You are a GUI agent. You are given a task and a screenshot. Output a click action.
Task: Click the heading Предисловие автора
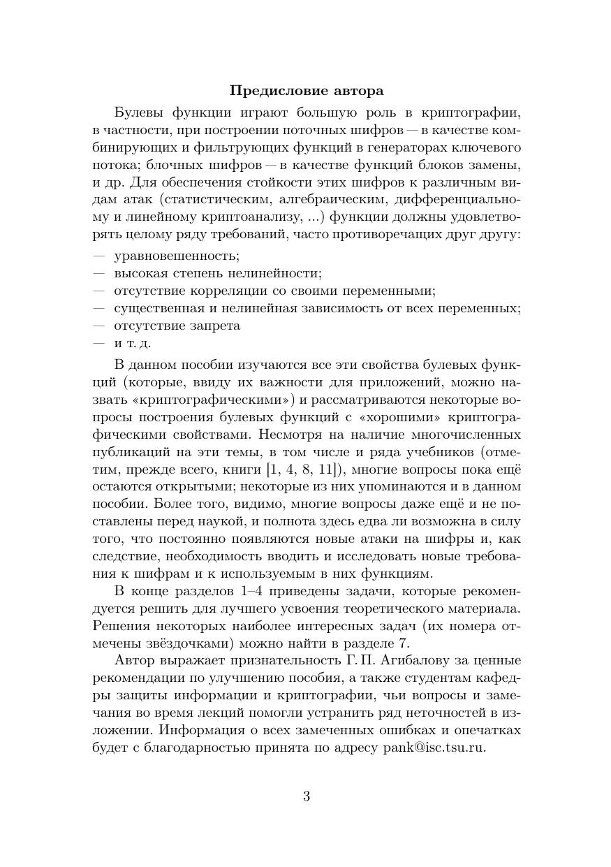click(x=306, y=91)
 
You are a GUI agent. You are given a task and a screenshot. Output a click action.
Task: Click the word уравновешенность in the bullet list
click(x=177, y=256)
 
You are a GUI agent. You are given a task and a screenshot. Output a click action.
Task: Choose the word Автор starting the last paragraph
click(x=132, y=660)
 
